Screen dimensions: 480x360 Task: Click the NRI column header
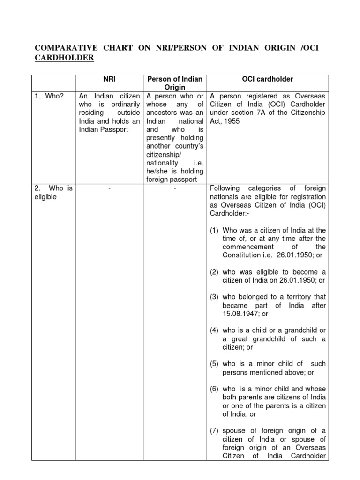[109, 79]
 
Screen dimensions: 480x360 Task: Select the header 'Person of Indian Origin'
[174, 83]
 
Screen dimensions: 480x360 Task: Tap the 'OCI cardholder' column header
[267, 79]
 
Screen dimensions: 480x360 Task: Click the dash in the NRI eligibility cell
[109, 188]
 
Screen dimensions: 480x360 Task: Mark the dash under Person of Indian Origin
[174, 188]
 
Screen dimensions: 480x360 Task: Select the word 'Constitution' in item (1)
[242, 255]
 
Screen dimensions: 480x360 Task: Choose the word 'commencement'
[247, 247]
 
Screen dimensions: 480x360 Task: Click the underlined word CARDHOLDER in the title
[64, 58]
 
